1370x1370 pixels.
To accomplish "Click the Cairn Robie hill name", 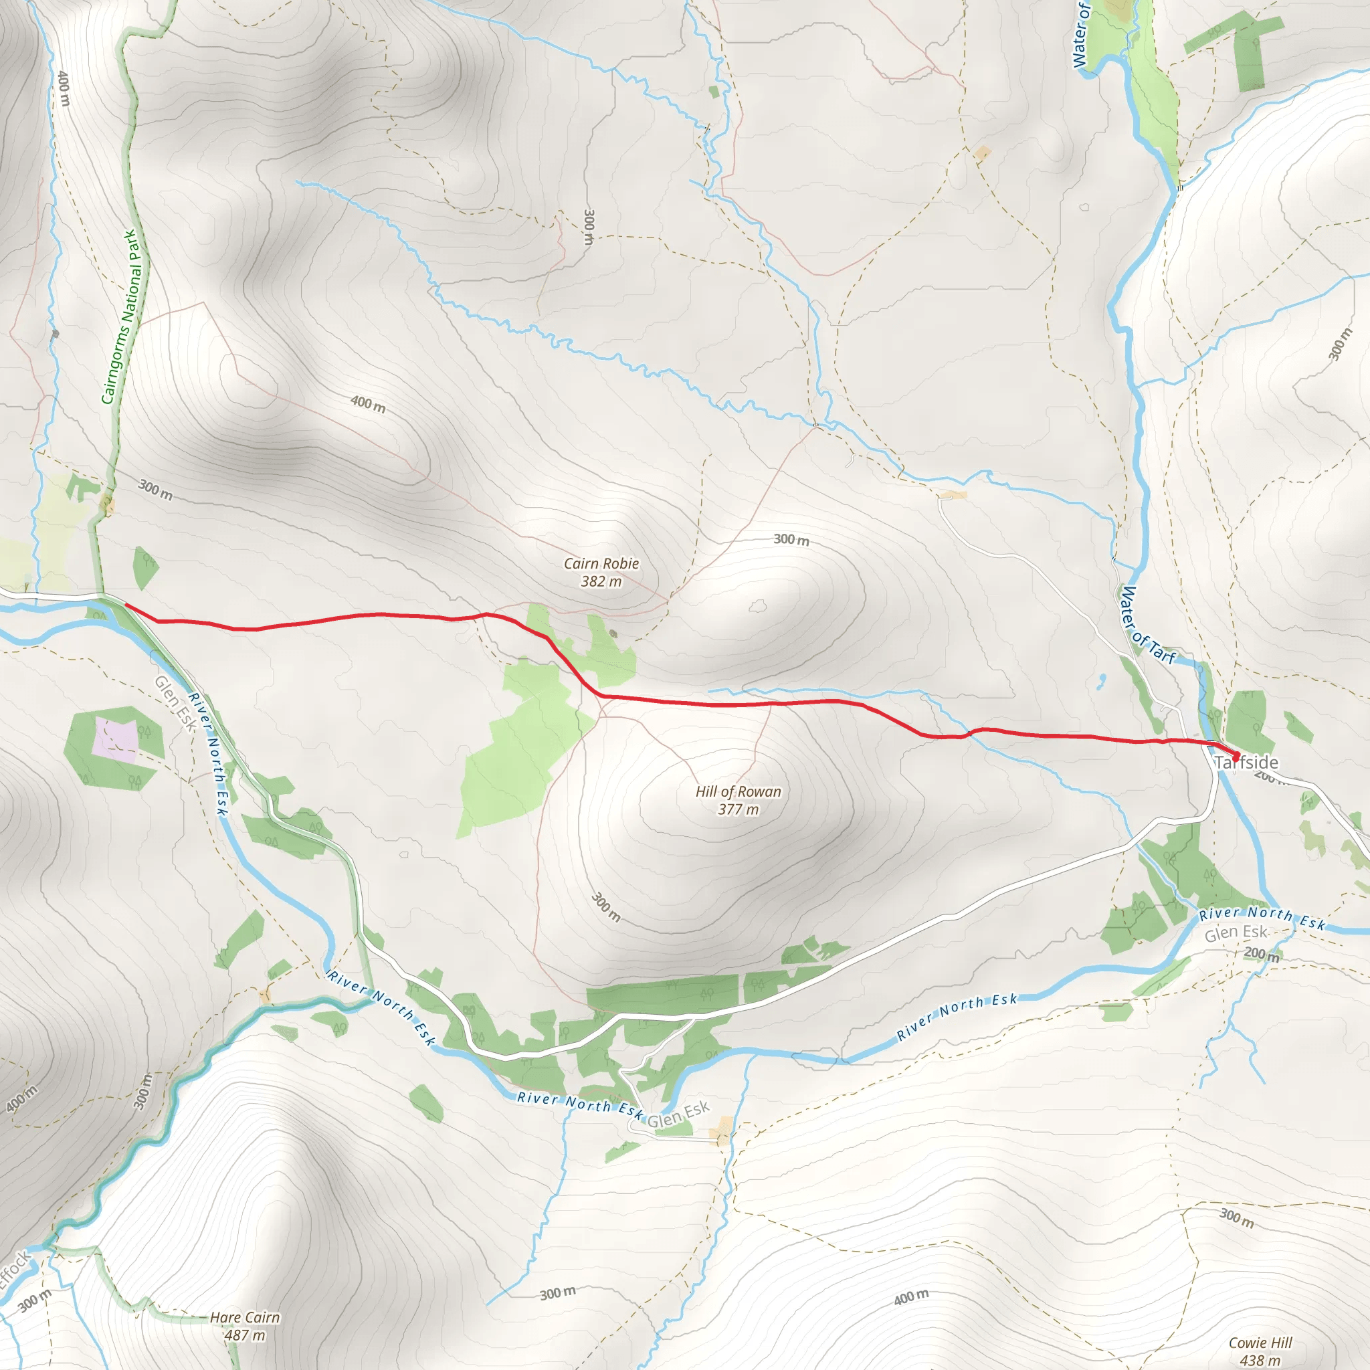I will (x=601, y=564).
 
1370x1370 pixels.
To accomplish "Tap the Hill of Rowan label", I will (x=739, y=791).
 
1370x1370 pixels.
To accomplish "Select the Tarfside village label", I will (x=1247, y=763).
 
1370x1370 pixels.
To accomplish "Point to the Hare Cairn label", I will (x=245, y=1316).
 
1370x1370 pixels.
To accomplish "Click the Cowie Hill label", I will (x=1260, y=1343).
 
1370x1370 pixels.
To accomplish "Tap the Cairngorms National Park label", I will (x=122, y=317).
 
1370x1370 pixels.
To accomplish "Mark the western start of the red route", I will (x=126, y=605).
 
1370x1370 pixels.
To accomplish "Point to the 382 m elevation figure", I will (x=601, y=581).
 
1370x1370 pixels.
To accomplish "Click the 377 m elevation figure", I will (x=739, y=809).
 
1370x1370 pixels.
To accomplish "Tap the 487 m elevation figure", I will (x=245, y=1335).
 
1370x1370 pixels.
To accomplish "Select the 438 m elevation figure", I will (x=1260, y=1360).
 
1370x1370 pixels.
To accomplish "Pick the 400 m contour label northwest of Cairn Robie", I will (x=368, y=404).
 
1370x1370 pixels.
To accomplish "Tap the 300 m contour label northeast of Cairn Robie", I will (x=791, y=540).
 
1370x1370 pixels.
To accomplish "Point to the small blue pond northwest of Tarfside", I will (x=1101, y=682).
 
